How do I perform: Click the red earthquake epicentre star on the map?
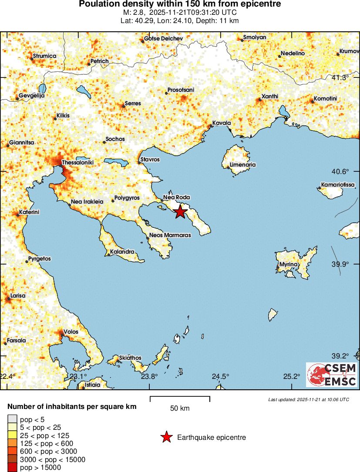pyautogui.click(x=180, y=212)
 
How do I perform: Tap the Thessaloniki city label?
pyautogui.click(x=78, y=163)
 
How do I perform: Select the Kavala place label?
pyautogui.click(x=221, y=123)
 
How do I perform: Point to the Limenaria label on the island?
pyautogui.click(x=242, y=165)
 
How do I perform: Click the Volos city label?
pyautogui.click(x=71, y=332)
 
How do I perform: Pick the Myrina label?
pyautogui.click(x=288, y=264)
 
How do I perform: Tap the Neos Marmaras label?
pyautogui.click(x=170, y=235)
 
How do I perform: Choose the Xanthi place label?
pyautogui.click(x=269, y=96)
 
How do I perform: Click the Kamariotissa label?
pyautogui.click(x=338, y=184)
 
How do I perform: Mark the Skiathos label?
pyautogui.click(x=130, y=358)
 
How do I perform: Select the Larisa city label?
pyautogui.click(x=18, y=296)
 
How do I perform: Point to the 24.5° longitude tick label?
pyautogui.click(x=221, y=376)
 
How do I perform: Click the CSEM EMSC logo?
pyautogui.click(x=332, y=375)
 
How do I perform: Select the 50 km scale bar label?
pyautogui.click(x=180, y=408)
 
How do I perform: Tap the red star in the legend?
pyautogui.click(x=166, y=437)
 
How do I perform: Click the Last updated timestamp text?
pyautogui.click(x=308, y=399)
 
